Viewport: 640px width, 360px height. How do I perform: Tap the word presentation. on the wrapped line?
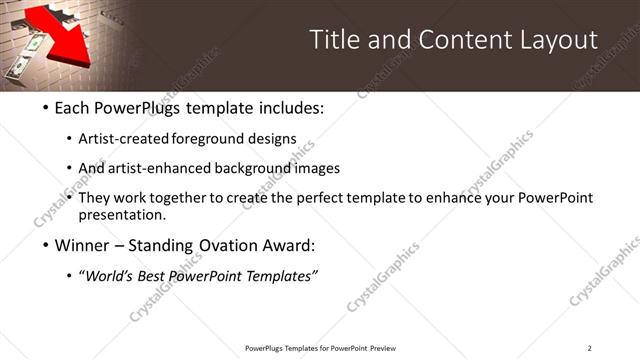click(x=128, y=214)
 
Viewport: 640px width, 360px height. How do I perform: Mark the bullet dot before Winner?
click(x=47, y=245)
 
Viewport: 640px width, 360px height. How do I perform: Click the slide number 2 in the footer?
click(x=589, y=348)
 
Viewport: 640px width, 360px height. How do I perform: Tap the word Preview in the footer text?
click(x=384, y=348)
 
